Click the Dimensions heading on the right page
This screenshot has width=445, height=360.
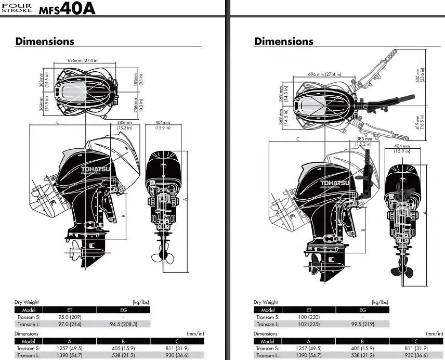[x=284, y=42]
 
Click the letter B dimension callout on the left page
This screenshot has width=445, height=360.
[x=123, y=214]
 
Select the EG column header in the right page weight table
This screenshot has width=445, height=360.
[x=362, y=310]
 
